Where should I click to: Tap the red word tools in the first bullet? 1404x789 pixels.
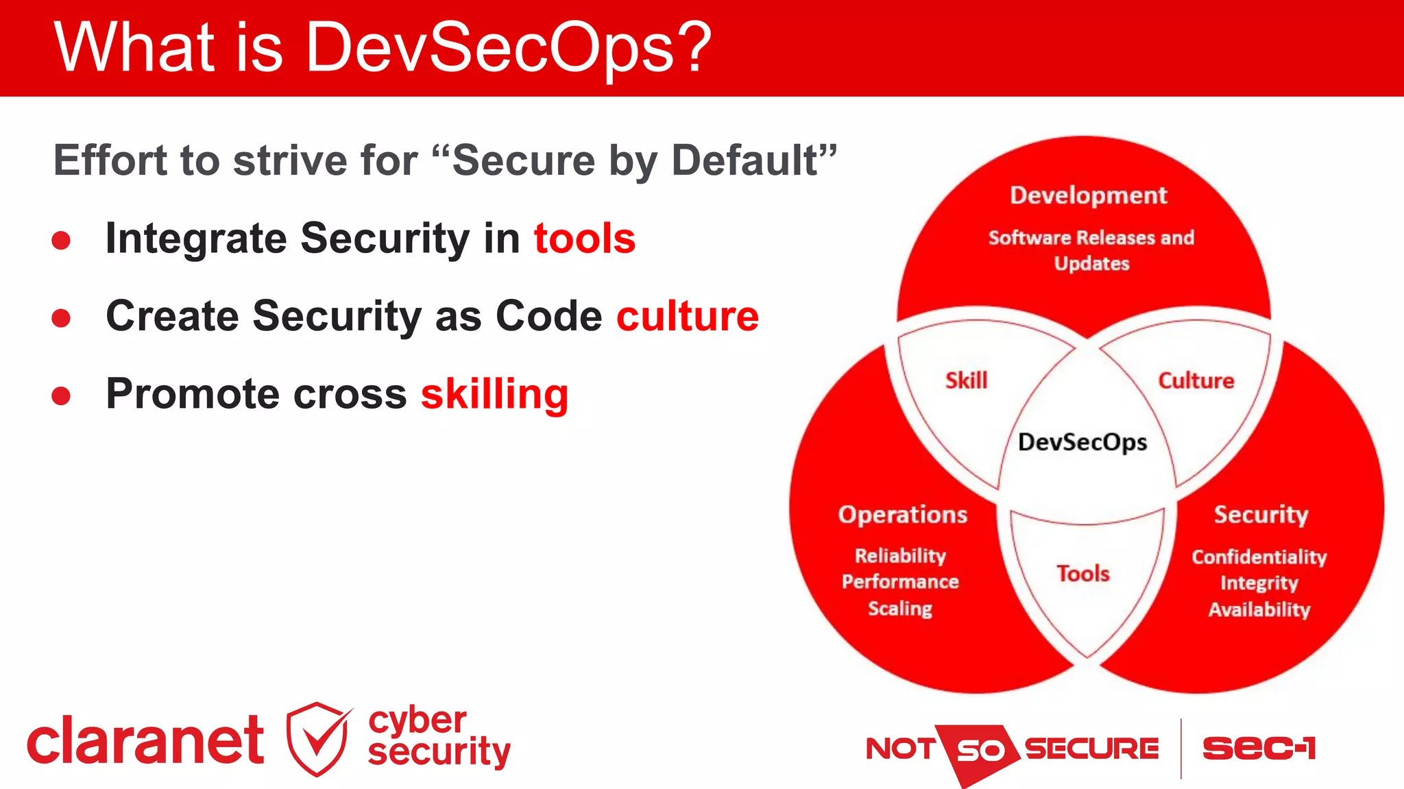(x=585, y=239)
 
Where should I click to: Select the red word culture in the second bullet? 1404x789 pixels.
(x=688, y=316)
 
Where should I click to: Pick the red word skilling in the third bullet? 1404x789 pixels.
(x=494, y=394)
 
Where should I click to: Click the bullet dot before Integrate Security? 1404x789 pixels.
(x=61, y=240)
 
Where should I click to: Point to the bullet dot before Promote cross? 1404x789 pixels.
(x=61, y=396)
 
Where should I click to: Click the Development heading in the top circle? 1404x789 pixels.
(x=1088, y=195)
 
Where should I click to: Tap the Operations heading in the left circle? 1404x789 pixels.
(x=902, y=515)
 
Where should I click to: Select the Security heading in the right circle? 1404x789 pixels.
(x=1261, y=515)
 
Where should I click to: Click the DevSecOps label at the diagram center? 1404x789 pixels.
(x=1082, y=442)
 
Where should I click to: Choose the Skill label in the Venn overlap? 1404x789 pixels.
(x=966, y=380)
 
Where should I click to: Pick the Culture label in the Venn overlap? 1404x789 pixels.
(x=1196, y=380)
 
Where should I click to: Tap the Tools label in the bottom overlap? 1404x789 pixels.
(x=1082, y=573)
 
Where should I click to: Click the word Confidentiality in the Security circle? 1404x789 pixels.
(x=1259, y=557)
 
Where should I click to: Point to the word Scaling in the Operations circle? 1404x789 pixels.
(x=899, y=609)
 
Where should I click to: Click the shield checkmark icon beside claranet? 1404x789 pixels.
(x=317, y=739)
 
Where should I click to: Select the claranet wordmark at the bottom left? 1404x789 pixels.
(x=145, y=740)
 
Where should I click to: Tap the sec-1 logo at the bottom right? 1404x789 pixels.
(x=1259, y=748)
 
